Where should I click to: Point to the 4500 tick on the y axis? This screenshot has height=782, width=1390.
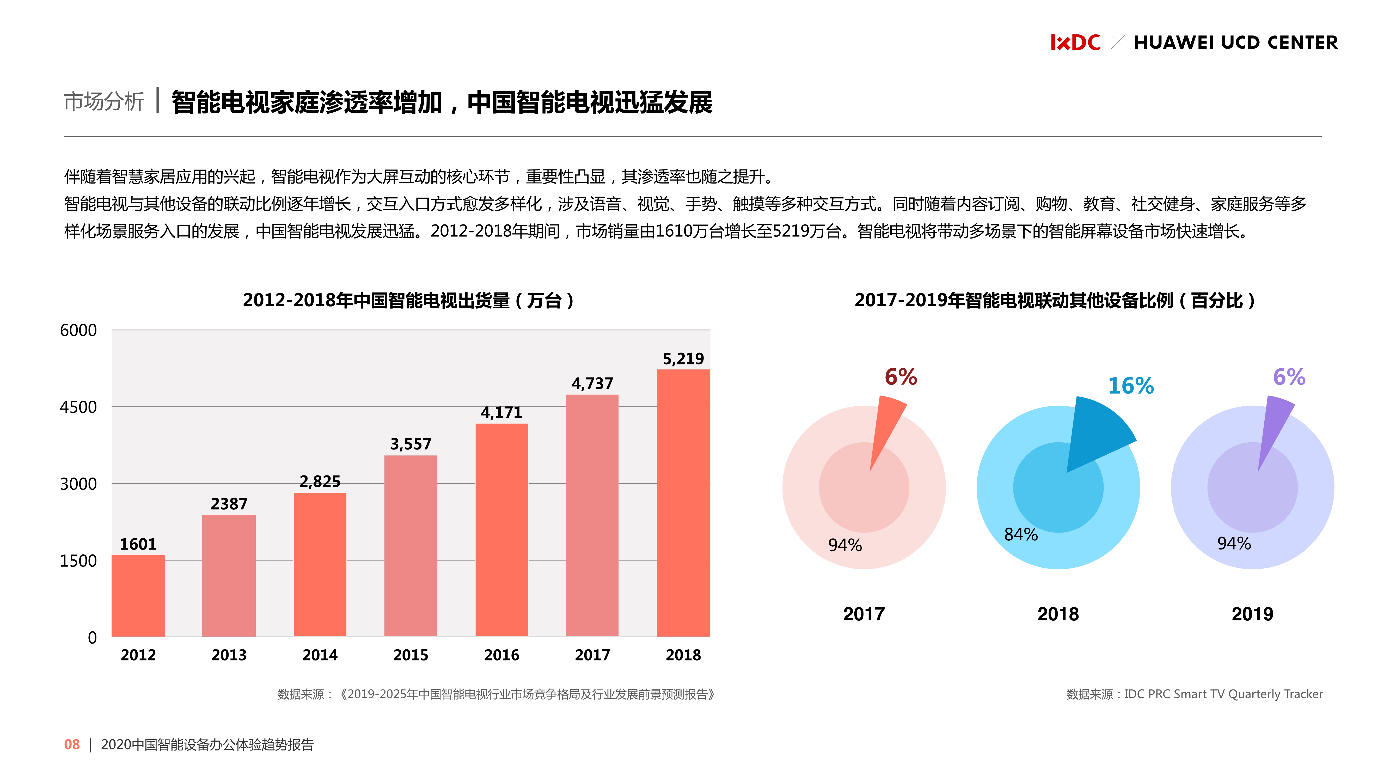coord(78,407)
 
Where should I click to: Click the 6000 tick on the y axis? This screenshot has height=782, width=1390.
coord(78,330)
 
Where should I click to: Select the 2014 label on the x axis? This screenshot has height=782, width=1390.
coord(320,655)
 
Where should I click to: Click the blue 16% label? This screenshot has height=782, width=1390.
coord(1130,386)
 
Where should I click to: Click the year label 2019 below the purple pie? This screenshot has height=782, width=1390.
coord(1252,614)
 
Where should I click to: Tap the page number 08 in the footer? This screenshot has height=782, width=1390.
coord(72,745)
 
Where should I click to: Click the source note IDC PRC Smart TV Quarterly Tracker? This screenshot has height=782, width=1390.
coord(1195,694)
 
